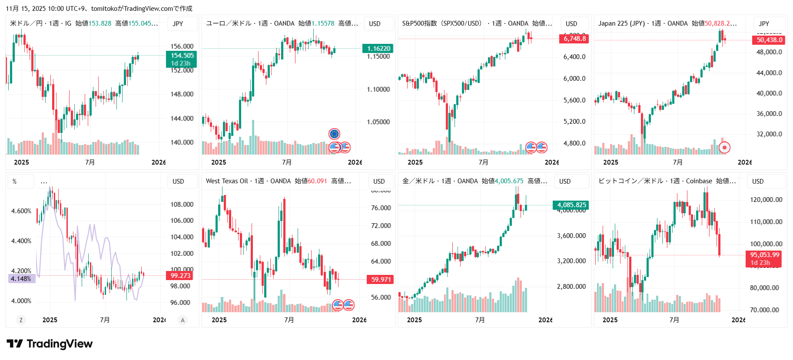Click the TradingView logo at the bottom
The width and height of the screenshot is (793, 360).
50,344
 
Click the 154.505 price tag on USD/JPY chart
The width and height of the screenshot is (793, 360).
182,56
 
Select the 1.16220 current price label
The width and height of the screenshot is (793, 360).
378,49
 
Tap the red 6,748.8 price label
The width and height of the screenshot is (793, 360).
574,39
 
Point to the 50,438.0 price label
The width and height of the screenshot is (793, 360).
769,40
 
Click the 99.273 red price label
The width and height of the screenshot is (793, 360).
180,275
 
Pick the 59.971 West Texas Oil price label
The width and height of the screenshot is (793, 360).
381,279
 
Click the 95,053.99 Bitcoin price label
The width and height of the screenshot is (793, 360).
764,255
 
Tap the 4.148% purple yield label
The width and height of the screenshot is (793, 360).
21,279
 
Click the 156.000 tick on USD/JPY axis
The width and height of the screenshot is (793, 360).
182,46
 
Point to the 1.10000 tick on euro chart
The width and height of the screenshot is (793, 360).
378,89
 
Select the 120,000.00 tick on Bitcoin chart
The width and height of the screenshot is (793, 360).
766,200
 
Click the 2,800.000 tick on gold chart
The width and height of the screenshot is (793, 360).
571,287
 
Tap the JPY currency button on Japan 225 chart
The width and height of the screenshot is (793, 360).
764,24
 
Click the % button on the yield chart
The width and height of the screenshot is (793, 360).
15,182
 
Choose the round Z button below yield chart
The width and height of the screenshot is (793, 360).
21,320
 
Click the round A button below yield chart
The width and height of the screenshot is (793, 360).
182,320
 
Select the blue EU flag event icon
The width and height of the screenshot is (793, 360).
334,134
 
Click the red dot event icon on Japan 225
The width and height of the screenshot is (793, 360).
724,148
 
